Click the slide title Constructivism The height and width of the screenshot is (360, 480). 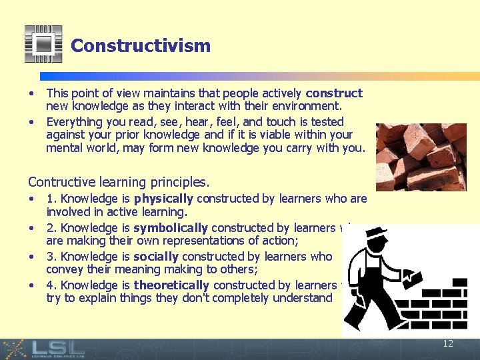point(141,46)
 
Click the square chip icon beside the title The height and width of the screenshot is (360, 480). point(43,44)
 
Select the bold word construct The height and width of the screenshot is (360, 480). point(334,93)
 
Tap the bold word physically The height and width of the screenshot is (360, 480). point(163,199)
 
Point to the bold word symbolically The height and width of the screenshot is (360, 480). point(171,227)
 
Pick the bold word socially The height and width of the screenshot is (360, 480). point(156,257)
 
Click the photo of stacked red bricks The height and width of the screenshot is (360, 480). point(421,157)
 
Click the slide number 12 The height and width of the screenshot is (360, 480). point(448,343)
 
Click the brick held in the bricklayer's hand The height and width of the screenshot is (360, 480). point(413,278)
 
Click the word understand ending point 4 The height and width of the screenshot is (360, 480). point(299,299)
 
